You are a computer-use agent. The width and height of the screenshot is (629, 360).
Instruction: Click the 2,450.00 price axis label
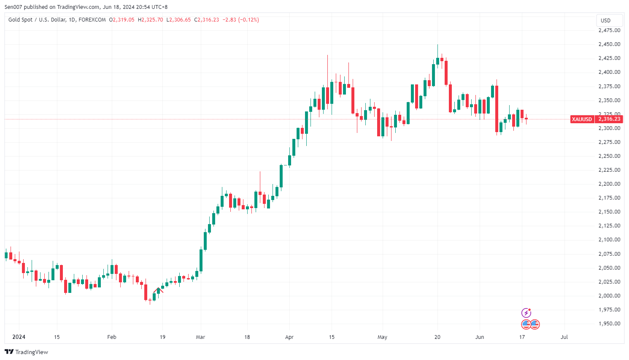click(609, 44)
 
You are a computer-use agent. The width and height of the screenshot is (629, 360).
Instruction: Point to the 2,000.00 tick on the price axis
click(609, 296)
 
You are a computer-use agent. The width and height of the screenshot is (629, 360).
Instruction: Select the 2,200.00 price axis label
click(609, 184)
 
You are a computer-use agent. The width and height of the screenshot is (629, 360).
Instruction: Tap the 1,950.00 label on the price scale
click(609, 324)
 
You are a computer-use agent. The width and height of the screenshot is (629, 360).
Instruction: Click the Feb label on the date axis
click(111, 337)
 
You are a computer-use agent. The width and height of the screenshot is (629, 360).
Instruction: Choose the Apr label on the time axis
click(289, 337)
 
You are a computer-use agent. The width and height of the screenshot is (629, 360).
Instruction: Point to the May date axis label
click(382, 337)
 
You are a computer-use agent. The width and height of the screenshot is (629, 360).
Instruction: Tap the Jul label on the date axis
click(564, 337)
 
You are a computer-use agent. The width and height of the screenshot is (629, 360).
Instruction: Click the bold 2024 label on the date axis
click(19, 337)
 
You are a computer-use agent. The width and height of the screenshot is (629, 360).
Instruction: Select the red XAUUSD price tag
click(582, 119)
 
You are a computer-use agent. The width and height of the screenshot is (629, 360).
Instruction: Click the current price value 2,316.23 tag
click(609, 119)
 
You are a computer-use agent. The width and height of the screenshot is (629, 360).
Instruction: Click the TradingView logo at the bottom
click(27, 352)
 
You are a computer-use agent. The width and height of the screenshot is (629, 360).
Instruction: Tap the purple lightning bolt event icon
click(526, 313)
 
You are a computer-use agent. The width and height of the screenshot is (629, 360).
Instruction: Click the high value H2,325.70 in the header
click(150, 20)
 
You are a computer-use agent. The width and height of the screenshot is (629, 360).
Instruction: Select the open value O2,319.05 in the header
click(121, 20)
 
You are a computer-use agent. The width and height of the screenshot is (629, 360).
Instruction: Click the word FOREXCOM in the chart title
click(92, 20)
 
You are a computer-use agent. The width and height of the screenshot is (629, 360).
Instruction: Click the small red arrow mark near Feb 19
click(159, 290)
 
